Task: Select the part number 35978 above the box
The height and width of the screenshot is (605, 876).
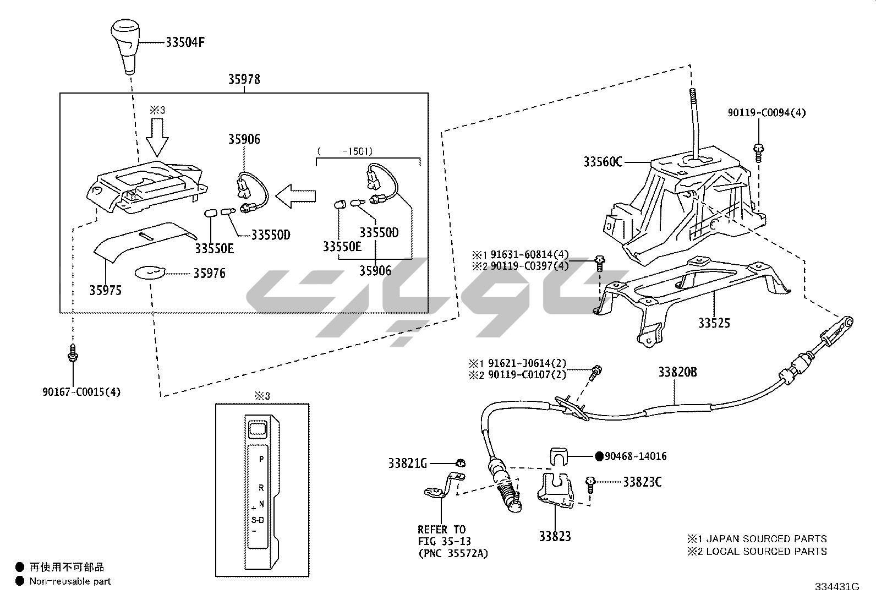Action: (244, 79)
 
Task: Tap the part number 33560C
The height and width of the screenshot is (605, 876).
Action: (603, 162)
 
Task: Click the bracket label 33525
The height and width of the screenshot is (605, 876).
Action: (714, 323)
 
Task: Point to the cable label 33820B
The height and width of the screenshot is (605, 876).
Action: (677, 373)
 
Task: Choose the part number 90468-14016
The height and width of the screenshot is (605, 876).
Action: (636, 456)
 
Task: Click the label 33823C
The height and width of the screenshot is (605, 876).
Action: (642, 482)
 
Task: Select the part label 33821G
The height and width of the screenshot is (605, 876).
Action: (408, 464)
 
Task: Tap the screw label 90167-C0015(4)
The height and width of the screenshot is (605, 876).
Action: (81, 392)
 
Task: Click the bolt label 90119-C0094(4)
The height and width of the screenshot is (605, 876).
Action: (766, 113)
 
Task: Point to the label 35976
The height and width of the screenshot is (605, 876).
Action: (209, 274)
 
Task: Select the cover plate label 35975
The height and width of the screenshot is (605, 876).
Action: (105, 290)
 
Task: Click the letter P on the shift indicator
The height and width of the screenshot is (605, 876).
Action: (261, 459)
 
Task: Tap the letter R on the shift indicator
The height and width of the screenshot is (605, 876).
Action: (261, 488)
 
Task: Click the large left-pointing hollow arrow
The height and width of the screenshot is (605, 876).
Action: (296, 196)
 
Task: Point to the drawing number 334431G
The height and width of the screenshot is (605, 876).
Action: (837, 587)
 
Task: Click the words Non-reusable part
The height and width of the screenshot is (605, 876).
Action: (70, 581)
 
